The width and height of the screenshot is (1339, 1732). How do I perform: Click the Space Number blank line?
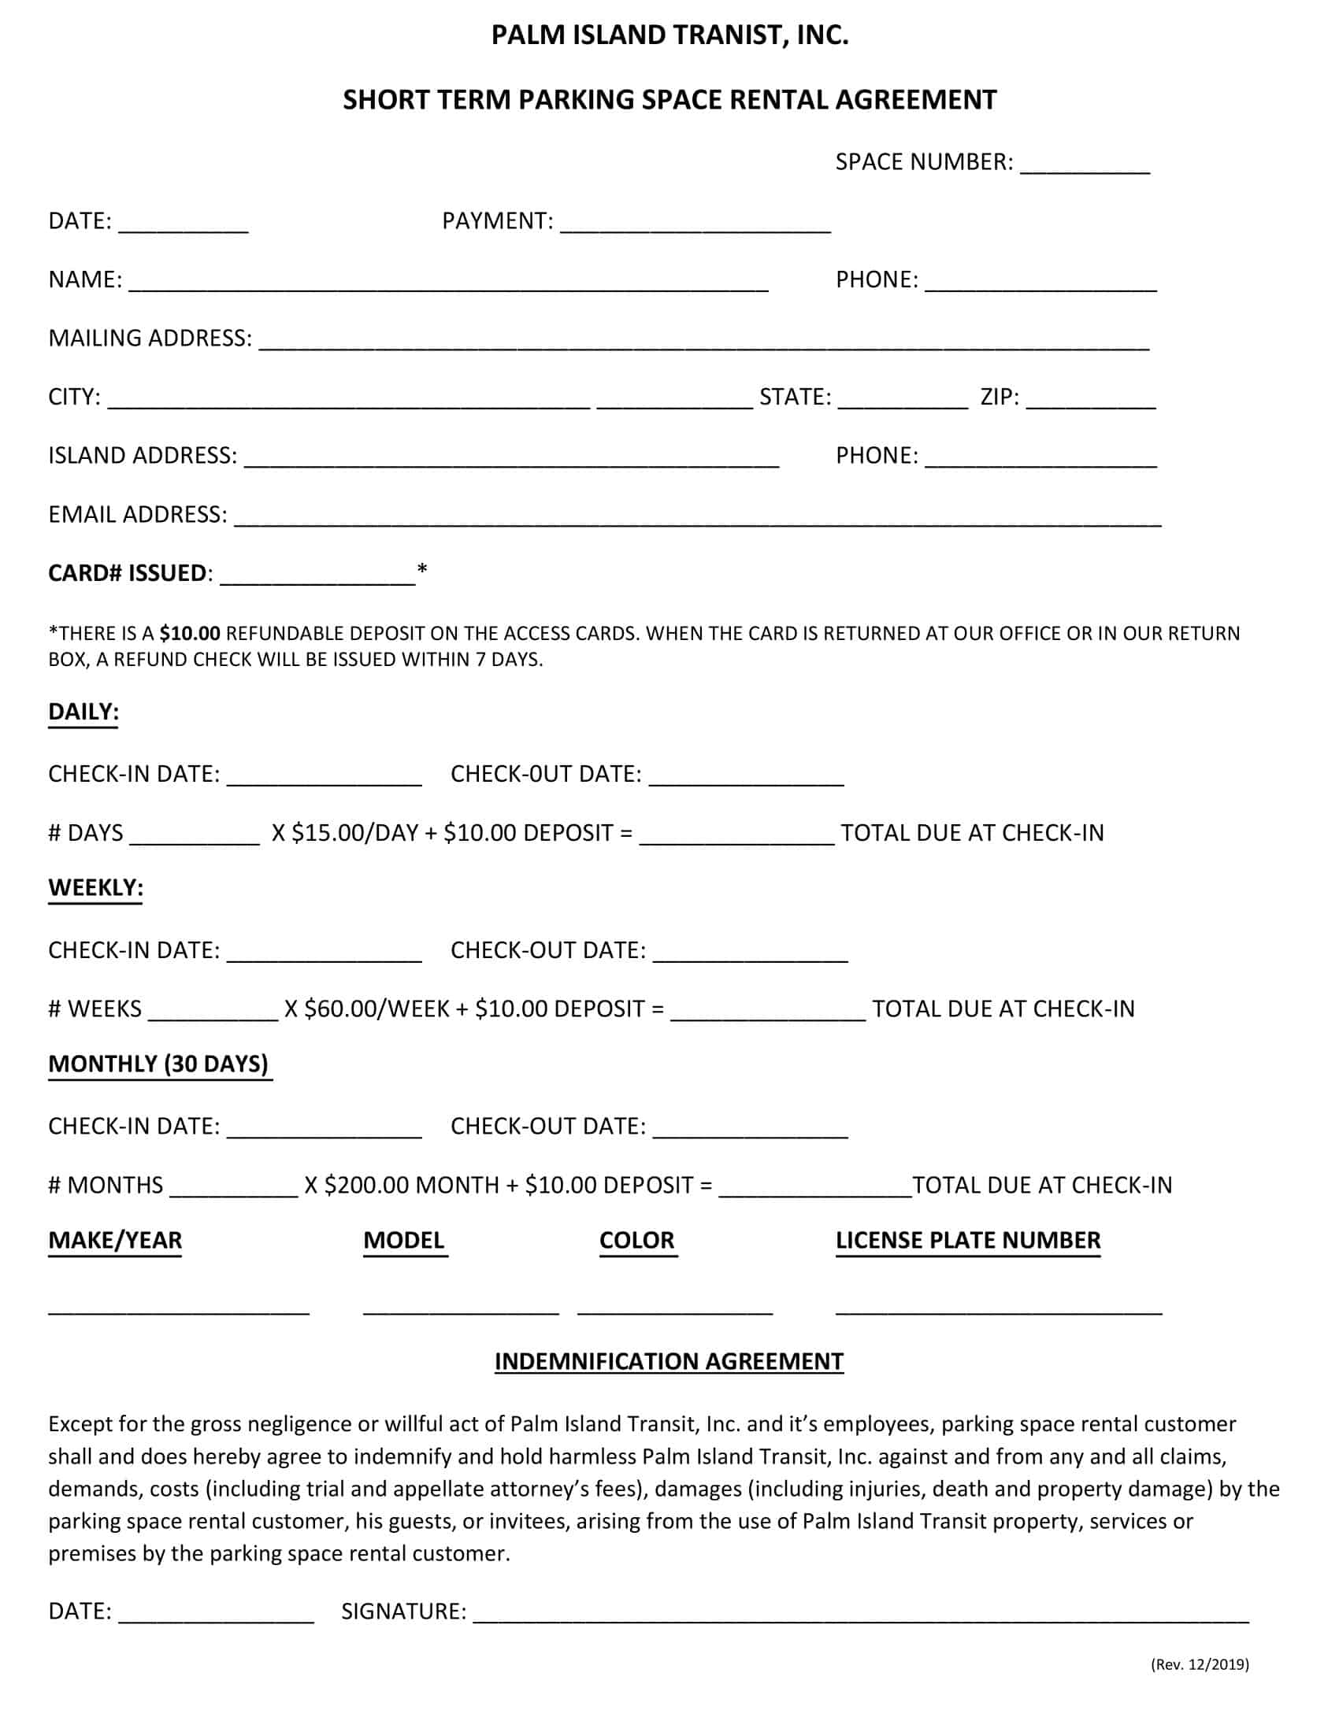click(1085, 168)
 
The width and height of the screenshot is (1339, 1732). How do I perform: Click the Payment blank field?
click(695, 227)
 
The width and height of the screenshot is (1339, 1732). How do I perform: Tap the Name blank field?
click(448, 286)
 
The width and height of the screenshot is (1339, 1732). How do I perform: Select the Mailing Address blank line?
click(703, 344)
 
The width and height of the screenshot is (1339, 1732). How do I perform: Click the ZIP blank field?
click(1091, 403)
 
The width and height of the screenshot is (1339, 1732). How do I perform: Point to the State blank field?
click(903, 403)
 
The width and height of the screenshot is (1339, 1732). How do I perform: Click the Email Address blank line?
click(698, 520)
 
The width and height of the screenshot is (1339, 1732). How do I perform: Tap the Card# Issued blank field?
click(317, 579)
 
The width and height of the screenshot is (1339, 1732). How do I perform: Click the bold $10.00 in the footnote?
click(190, 633)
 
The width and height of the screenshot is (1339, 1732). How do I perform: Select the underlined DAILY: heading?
click(83, 712)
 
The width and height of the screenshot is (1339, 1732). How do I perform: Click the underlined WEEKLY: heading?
click(95, 887)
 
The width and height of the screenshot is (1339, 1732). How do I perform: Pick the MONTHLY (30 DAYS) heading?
click(158, 1064)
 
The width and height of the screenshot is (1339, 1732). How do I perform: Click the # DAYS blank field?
click(195, 839)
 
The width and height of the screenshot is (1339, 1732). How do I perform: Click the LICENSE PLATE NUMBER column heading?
click(968, 1240)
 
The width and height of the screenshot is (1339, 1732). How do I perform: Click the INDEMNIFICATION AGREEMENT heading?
click(669, 1361)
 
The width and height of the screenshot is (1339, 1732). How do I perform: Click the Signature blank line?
click(861, 1618)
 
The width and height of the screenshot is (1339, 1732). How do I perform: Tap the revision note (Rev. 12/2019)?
click(1200, 1664)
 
